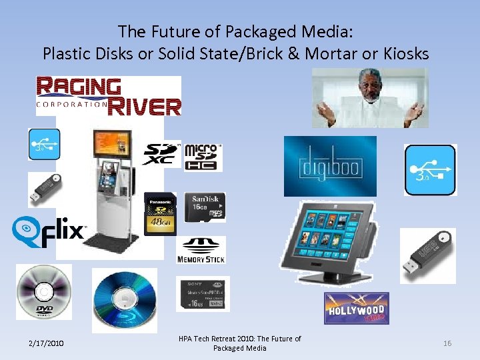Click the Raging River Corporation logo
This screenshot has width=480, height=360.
pyautogui.click(x=109, y=96)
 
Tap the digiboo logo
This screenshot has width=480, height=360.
pyautogui.click(x=330, y=166)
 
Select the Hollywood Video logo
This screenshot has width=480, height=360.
pyautogui.click(x=356, y=308)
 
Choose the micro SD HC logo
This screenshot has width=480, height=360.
pyautogui.click(x=203, y=156)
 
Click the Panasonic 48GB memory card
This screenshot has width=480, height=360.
pyautogui.click(x=161, y=213)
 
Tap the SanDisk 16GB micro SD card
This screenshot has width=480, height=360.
pyautogui.click(x=205, y=207)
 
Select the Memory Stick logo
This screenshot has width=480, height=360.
pyautogui.click(x=201, y=249)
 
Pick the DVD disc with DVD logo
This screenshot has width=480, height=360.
pyautogui.click(x=44, y=292)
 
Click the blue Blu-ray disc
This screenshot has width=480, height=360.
pyautogui.click(x=124, y=297)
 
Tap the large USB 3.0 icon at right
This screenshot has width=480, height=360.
pyautogui.click(x=430, y=170)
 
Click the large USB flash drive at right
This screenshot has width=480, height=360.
pyautogui.click(x=427, y=255)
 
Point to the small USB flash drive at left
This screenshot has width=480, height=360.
pyautogui.click(x=45, y=189)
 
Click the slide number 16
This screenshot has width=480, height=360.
pyautogui.click(x=447, y=343)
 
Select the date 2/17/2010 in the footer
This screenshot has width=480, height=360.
pyautogui.click(x=46, y=343)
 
